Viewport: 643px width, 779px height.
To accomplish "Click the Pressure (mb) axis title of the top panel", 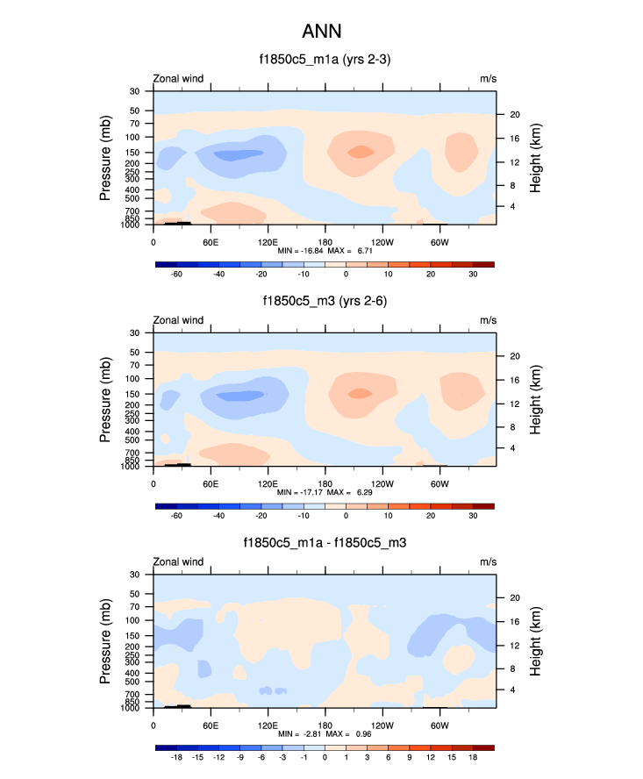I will point(106,158).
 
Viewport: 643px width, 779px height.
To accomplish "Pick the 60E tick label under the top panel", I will point(211,241).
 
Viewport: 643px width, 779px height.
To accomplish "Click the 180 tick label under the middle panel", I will point(325,483).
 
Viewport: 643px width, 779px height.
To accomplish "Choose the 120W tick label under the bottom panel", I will point(382,725).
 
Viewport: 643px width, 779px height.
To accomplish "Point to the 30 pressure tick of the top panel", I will point(136,91).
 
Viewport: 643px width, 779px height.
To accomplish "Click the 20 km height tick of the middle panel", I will point(515,356).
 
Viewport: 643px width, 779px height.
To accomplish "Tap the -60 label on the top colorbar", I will point(176,275).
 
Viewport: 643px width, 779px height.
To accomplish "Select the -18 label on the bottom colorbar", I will point(176,757).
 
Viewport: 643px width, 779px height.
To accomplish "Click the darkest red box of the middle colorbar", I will point(483,506).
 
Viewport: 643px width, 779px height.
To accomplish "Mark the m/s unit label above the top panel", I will point(488,78).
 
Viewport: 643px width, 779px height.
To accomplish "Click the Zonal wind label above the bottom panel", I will point(179,561).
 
